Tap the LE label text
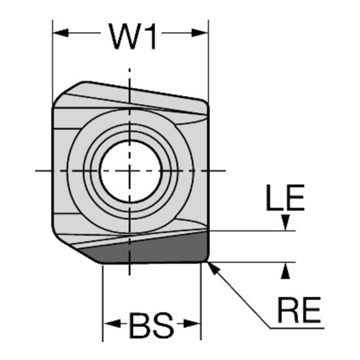285,199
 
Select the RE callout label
299,313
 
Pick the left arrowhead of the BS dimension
109,323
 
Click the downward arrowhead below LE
285,224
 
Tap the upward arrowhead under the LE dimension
285,270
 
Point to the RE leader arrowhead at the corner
212,266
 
